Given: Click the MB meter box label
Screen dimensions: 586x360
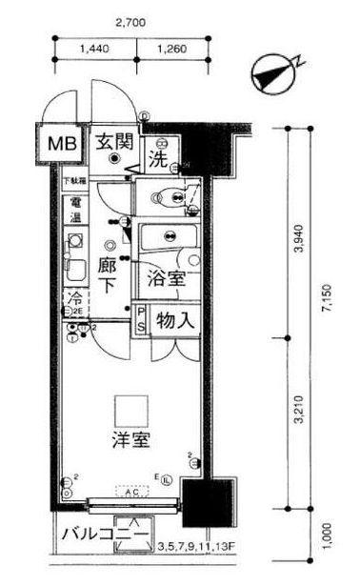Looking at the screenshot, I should click(63, 145).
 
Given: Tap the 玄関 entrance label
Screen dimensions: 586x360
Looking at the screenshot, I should click(116, 142).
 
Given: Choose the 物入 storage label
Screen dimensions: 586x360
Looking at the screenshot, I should click(176, 321).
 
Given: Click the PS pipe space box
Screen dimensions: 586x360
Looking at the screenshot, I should click(142, 321).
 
